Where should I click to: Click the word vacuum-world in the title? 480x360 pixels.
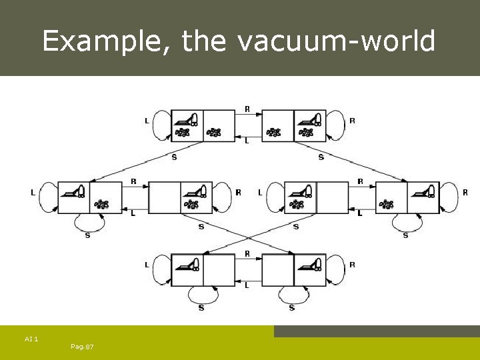tap(335, 41)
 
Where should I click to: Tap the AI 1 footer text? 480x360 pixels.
tap(31, 339)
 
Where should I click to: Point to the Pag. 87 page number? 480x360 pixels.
tap(81, 347)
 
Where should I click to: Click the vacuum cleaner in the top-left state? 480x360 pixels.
tap(187, 120)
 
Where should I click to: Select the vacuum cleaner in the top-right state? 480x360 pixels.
tap(309, 120)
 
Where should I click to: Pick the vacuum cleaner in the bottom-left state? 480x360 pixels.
tap(187, 265)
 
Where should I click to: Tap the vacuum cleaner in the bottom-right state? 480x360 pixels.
tap(309, 265)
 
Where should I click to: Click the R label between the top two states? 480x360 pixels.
tap(247, 109)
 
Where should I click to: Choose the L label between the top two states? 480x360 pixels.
tap(247, 141)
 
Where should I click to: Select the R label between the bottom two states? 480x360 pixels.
tap(247, 253)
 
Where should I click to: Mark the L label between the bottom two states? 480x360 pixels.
tap(247, 285)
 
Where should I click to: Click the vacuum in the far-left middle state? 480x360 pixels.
tap(73, 192)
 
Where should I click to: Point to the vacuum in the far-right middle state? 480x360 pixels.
tap(424, 192)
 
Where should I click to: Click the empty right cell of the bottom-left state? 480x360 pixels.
tap(219, 270)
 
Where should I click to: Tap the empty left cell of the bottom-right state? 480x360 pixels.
tap(277, 270)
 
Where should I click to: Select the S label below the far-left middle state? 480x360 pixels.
tap(88, 235)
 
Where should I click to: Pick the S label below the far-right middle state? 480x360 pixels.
tap(405, 235)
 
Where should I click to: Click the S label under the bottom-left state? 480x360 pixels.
tap(201, 307)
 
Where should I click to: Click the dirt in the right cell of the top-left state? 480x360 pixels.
tap(214, 133)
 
